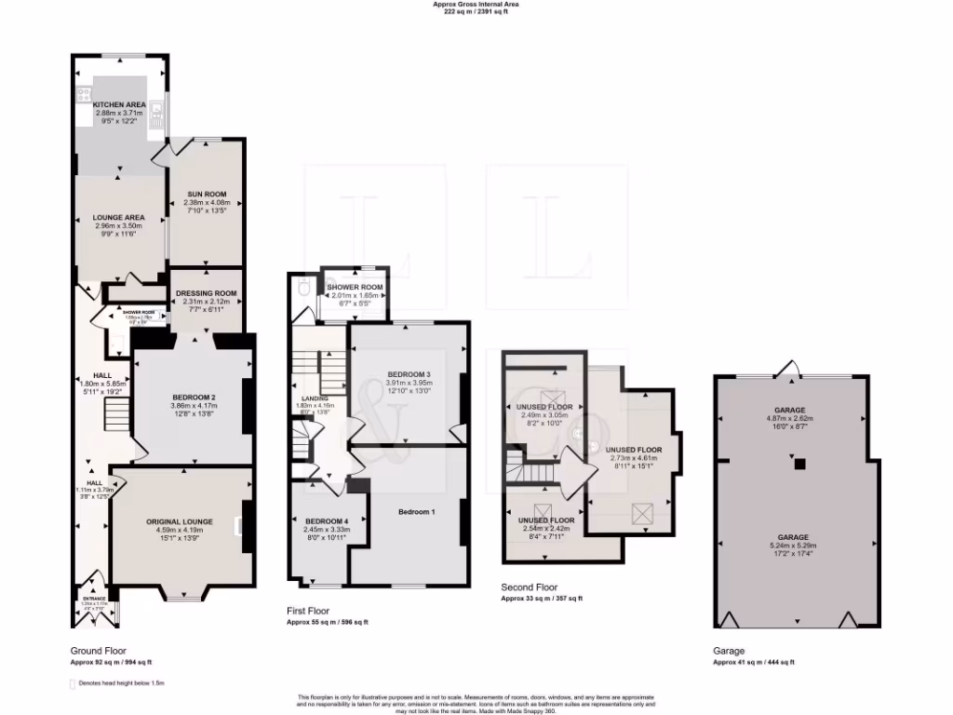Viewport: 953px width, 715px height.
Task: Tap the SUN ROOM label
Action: coord(205,195)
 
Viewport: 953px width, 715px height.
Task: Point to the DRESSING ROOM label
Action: coord(206,292)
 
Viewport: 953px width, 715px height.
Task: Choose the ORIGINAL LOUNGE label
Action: coord(180,521)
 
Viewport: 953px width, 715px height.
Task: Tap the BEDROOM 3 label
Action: coord(409,374)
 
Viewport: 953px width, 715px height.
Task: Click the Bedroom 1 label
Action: coord(416,512)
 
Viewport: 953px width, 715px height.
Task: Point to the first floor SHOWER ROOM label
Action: coord(354,287)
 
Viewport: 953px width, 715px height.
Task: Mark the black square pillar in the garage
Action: coord(798,462)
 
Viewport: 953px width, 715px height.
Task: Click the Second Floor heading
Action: coord(529,588)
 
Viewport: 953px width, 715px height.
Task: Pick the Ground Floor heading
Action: coord(99,651)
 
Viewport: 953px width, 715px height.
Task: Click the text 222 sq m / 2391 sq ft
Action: coord(476,12)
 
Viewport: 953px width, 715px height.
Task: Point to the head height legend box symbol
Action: coord(74,683)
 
